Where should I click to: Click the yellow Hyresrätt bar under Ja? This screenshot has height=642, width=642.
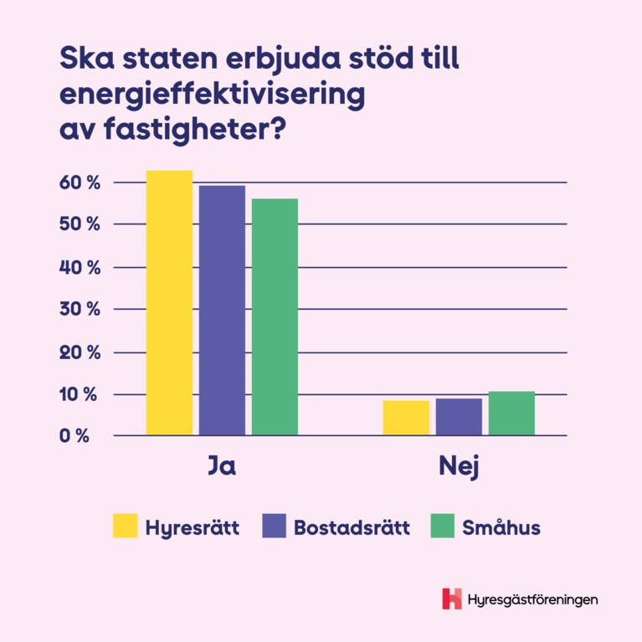[169, 303]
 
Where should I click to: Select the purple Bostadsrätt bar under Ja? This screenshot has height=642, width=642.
[222, 311]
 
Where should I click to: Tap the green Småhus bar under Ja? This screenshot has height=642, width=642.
[275, 317]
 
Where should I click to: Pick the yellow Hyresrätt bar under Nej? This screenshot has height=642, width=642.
[406, 418]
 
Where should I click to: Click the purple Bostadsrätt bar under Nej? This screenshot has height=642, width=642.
[459, 417]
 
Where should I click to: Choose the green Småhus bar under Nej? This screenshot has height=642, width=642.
[511, 413]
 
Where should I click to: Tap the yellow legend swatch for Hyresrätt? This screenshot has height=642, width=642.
[125, 527]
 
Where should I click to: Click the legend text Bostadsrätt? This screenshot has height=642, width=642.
[352, 528]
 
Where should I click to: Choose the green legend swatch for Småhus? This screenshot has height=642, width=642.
[441, 527]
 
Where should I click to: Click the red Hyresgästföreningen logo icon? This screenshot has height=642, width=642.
[452, 598]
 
